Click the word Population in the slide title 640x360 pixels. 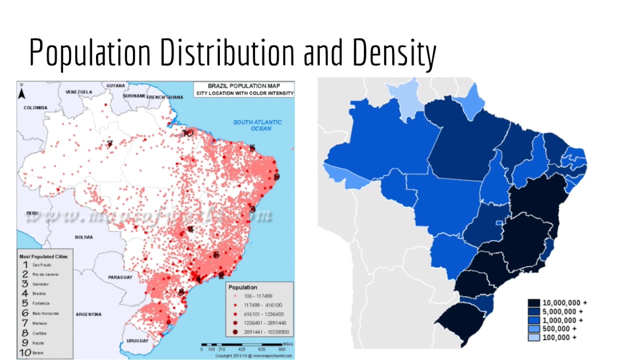(x=90, y=53)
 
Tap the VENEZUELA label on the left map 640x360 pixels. (x=78, y=92)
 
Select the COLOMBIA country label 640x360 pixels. (x=35, y=107)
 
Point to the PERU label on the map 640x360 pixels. (x=32, y=213)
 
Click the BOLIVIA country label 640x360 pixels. (x=83, y=237)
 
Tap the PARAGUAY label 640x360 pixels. (x=120, y=277)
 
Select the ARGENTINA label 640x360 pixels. (x=88, y=314)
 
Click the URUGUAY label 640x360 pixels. (x=137, y=340)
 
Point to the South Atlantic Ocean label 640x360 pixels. (x=257, y=125)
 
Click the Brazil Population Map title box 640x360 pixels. (x=244, y=89)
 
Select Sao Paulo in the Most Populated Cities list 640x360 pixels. (x=42, y=265)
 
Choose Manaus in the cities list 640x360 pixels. (x=40, y=323)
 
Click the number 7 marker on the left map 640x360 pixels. (x=109, y=144)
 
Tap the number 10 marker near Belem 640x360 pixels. (x=187, y=133)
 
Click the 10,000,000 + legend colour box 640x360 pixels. (x=533, y=303)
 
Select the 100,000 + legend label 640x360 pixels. (x=560, y=337)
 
